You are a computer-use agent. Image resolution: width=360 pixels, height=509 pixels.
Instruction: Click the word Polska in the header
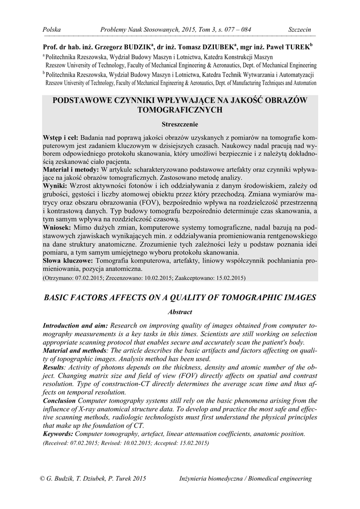pos(52,30)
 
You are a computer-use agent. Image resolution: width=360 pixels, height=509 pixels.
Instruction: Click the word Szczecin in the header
pos(300,30)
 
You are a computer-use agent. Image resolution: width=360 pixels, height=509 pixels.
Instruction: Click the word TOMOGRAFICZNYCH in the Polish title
pos(180,110)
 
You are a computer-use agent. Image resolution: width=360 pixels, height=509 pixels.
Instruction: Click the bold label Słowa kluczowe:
pos(68,260)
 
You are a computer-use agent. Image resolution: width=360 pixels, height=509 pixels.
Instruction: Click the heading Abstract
pos(180,312)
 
